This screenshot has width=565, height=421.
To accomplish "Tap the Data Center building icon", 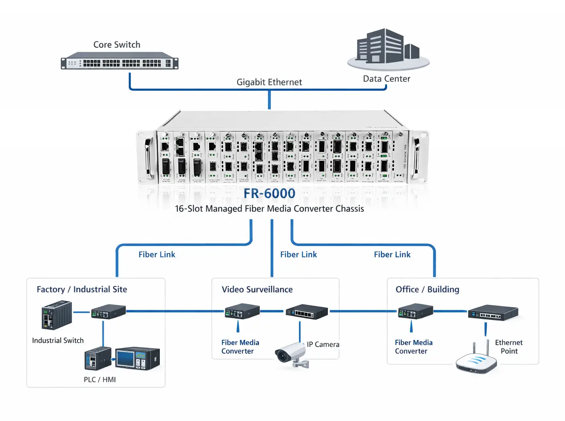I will click(x=388, y=48).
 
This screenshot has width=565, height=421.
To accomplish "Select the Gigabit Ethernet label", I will click(x=269, y=82).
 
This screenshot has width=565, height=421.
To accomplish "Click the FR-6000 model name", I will click(x=269, y=193).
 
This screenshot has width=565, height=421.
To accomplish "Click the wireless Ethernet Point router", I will click(x=476, y=361).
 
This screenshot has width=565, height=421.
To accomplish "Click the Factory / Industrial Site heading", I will click(x=82, y=289).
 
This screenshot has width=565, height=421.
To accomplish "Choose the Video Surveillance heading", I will click(x=257, y=289).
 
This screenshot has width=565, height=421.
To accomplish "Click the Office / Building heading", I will click(x=427, y=289).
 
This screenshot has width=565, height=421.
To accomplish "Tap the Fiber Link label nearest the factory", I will click(x=157, y=255).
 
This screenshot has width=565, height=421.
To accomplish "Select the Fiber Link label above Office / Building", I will click(x=392, y=255).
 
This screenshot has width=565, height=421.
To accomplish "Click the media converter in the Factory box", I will click(x=108, y=312).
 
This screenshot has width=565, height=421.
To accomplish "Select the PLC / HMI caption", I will click(x=99, y=380).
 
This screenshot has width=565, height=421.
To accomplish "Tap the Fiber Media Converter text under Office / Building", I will click(x=414, y=347).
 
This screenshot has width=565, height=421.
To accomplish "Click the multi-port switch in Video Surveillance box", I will click(x=307, y=312).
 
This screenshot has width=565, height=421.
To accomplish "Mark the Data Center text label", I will click(x=386, y=79).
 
